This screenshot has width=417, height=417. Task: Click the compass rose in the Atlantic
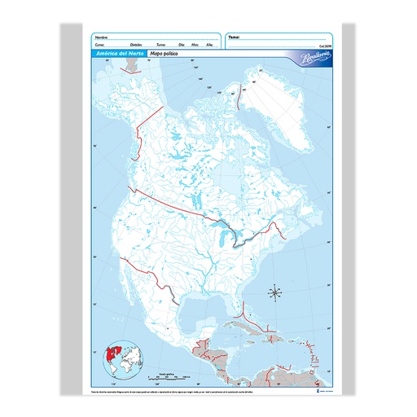click(x=276, y=291)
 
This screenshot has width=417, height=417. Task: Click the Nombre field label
click(x=101, y=37)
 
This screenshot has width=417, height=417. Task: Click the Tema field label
click(x=235, y=37)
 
